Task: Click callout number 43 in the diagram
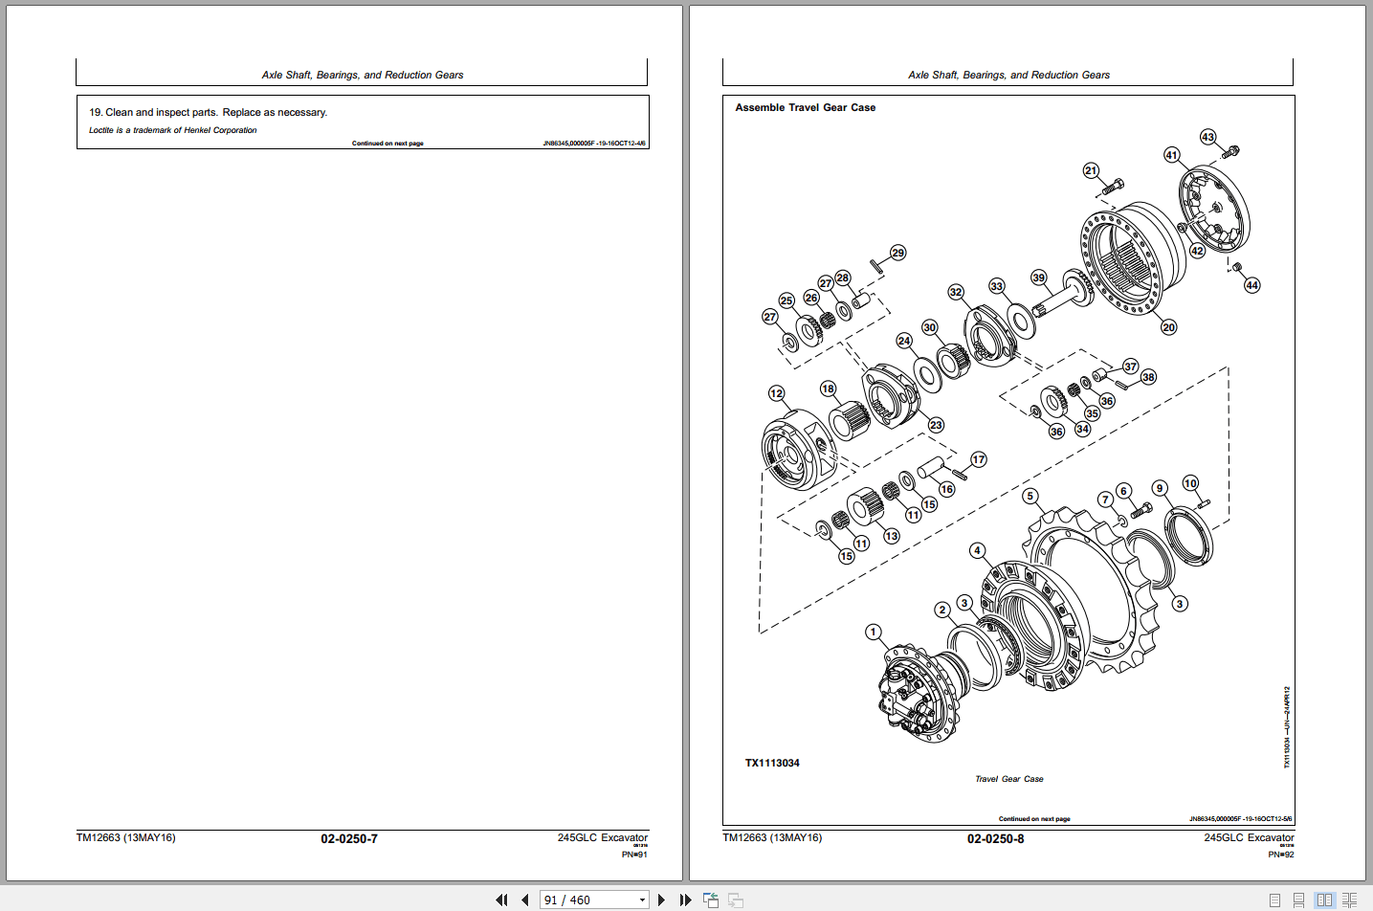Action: coord(1207,137)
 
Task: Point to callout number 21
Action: coord(1091,170)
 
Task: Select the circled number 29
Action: coord(897,253)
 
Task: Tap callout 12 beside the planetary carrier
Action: coord(776,393)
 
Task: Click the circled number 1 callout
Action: coord(873,632)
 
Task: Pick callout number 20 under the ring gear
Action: coord(1168,327)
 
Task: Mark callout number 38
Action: coord(1148,377)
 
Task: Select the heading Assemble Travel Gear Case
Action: coord(805,108)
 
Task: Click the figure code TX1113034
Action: coord(772,763)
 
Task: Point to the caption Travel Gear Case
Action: coord(1008,779)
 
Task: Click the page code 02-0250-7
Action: coord(348,839)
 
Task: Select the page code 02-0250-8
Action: coord(995,839)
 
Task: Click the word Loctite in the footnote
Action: coord(101,130)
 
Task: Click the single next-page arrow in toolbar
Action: coord(661,900)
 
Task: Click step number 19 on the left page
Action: coord(96,113)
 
